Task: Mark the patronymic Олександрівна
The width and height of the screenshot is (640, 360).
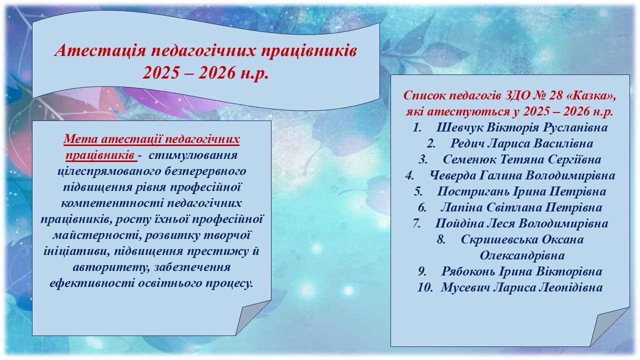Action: click(522, 255)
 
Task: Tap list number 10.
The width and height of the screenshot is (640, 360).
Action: click(425, 287)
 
